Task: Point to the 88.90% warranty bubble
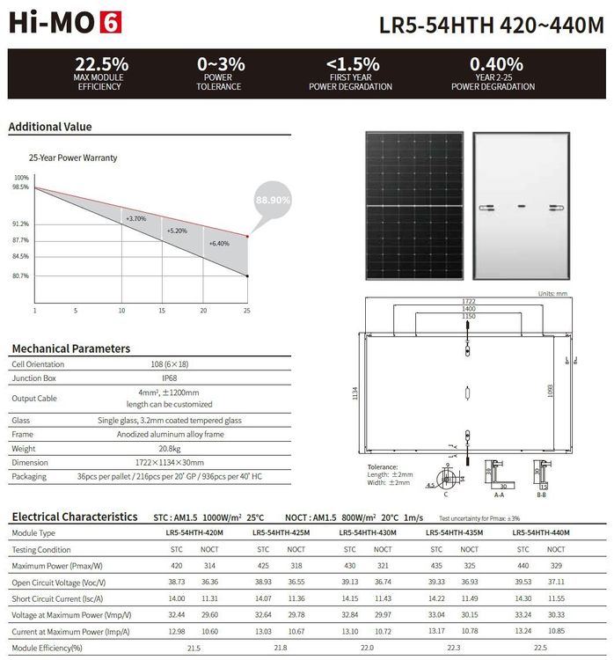[274, 200]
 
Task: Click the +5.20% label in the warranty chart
[177, 231]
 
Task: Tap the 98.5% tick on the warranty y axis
[20, 187]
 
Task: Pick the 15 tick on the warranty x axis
[162, 311]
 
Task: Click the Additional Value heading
[50, 127]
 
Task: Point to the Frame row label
[22, 435]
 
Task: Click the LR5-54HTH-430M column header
[367, 533]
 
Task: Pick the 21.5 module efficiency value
[194, 648]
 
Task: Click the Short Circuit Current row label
[58, 598]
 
